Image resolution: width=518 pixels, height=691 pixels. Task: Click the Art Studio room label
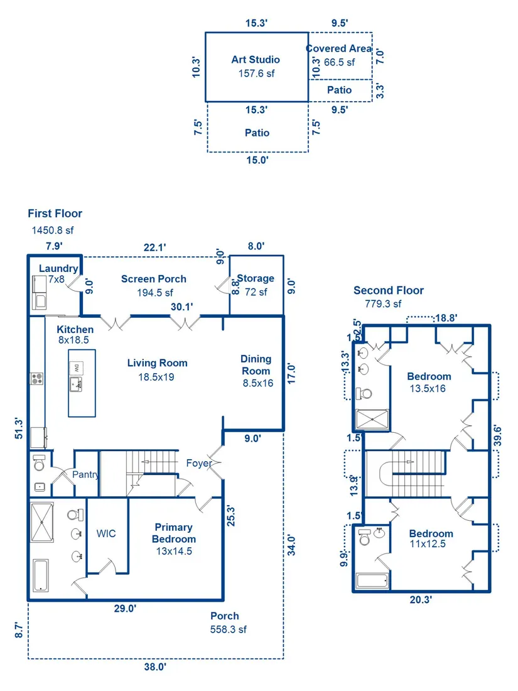256,60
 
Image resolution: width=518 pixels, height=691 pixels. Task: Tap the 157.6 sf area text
256,73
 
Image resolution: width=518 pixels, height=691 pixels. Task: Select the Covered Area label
339,48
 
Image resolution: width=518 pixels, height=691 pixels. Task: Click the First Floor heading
55,214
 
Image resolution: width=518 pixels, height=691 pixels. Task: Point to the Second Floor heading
389,290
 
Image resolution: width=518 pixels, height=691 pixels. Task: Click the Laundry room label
58,268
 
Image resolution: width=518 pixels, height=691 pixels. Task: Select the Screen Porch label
154,279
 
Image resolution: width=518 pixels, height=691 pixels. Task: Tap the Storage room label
256,278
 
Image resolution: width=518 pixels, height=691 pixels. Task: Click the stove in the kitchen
36,378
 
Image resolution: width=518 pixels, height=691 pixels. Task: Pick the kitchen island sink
76,384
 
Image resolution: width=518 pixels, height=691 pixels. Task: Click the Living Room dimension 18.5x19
156,378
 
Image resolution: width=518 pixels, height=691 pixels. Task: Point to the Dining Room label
256,365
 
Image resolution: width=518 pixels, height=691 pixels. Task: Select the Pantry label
85,475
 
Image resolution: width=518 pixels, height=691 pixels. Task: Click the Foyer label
199,463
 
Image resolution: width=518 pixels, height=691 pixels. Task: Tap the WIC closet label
106,534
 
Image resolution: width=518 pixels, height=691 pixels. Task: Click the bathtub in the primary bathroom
41,575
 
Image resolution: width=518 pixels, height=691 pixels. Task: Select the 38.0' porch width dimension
155,667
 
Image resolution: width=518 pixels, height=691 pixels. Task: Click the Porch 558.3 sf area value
228,629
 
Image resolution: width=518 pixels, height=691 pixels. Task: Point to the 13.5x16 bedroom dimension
428,389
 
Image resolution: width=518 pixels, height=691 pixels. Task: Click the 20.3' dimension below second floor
421,599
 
